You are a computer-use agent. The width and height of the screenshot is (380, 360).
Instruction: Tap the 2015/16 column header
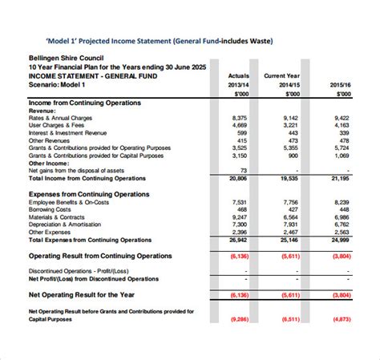[340, 84]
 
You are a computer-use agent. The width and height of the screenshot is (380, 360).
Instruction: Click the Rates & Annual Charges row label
[60, 118]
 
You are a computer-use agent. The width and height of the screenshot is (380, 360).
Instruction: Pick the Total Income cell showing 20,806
[237, 178]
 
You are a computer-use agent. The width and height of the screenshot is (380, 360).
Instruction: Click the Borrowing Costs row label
[51, 210]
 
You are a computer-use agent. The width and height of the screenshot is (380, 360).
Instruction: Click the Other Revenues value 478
[344, 140]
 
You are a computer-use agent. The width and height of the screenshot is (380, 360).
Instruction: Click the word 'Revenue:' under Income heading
[44, 111]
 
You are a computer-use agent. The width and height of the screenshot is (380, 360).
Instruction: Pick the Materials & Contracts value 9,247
[238, 217]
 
